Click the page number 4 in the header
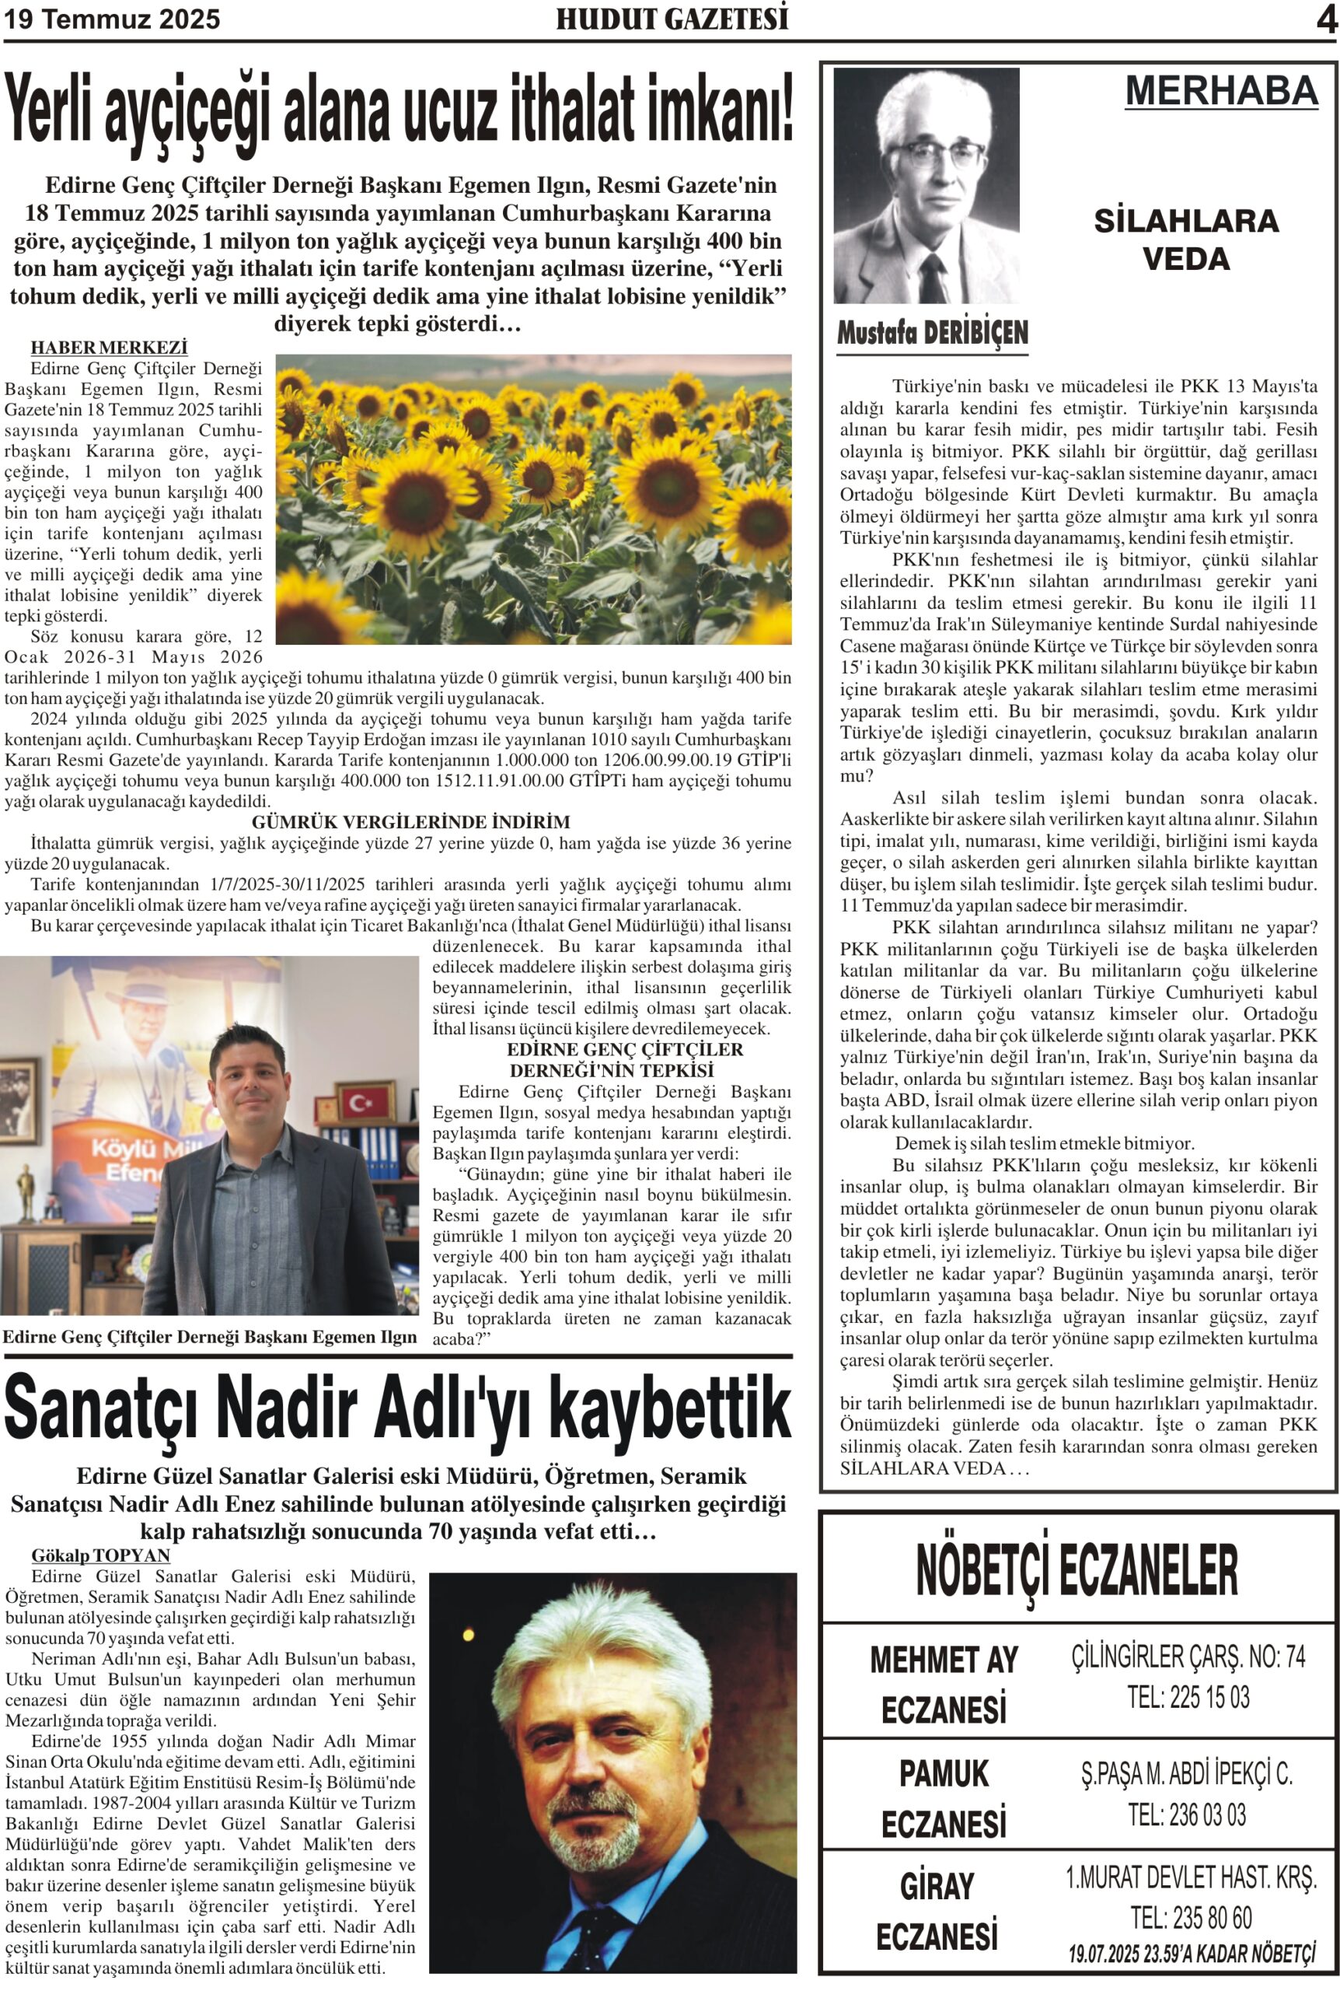(1324, 19)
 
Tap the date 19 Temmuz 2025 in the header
(112, 19)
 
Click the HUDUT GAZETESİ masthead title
(672, 19)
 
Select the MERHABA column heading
(1221, 91)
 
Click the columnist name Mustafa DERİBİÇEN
(933, 334)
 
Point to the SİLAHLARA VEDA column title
(1185, 240)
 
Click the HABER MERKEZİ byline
(109, 347)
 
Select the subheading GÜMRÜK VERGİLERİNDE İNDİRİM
(410, 821)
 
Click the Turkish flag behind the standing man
(366, 1102)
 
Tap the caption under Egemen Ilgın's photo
(209, 1337)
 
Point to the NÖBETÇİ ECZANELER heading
(1077, 1571)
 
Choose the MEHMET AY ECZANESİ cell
(944, 1684)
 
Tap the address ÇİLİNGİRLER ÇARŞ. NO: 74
(1188, 1657)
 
